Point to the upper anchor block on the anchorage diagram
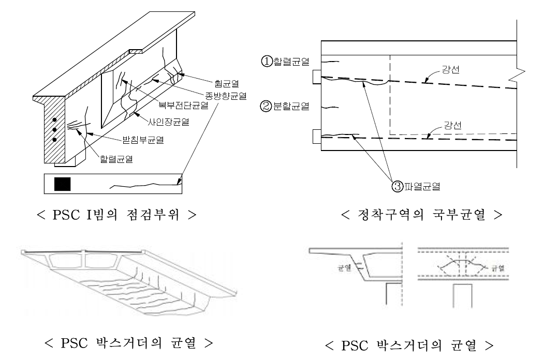tap(316, 77)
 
